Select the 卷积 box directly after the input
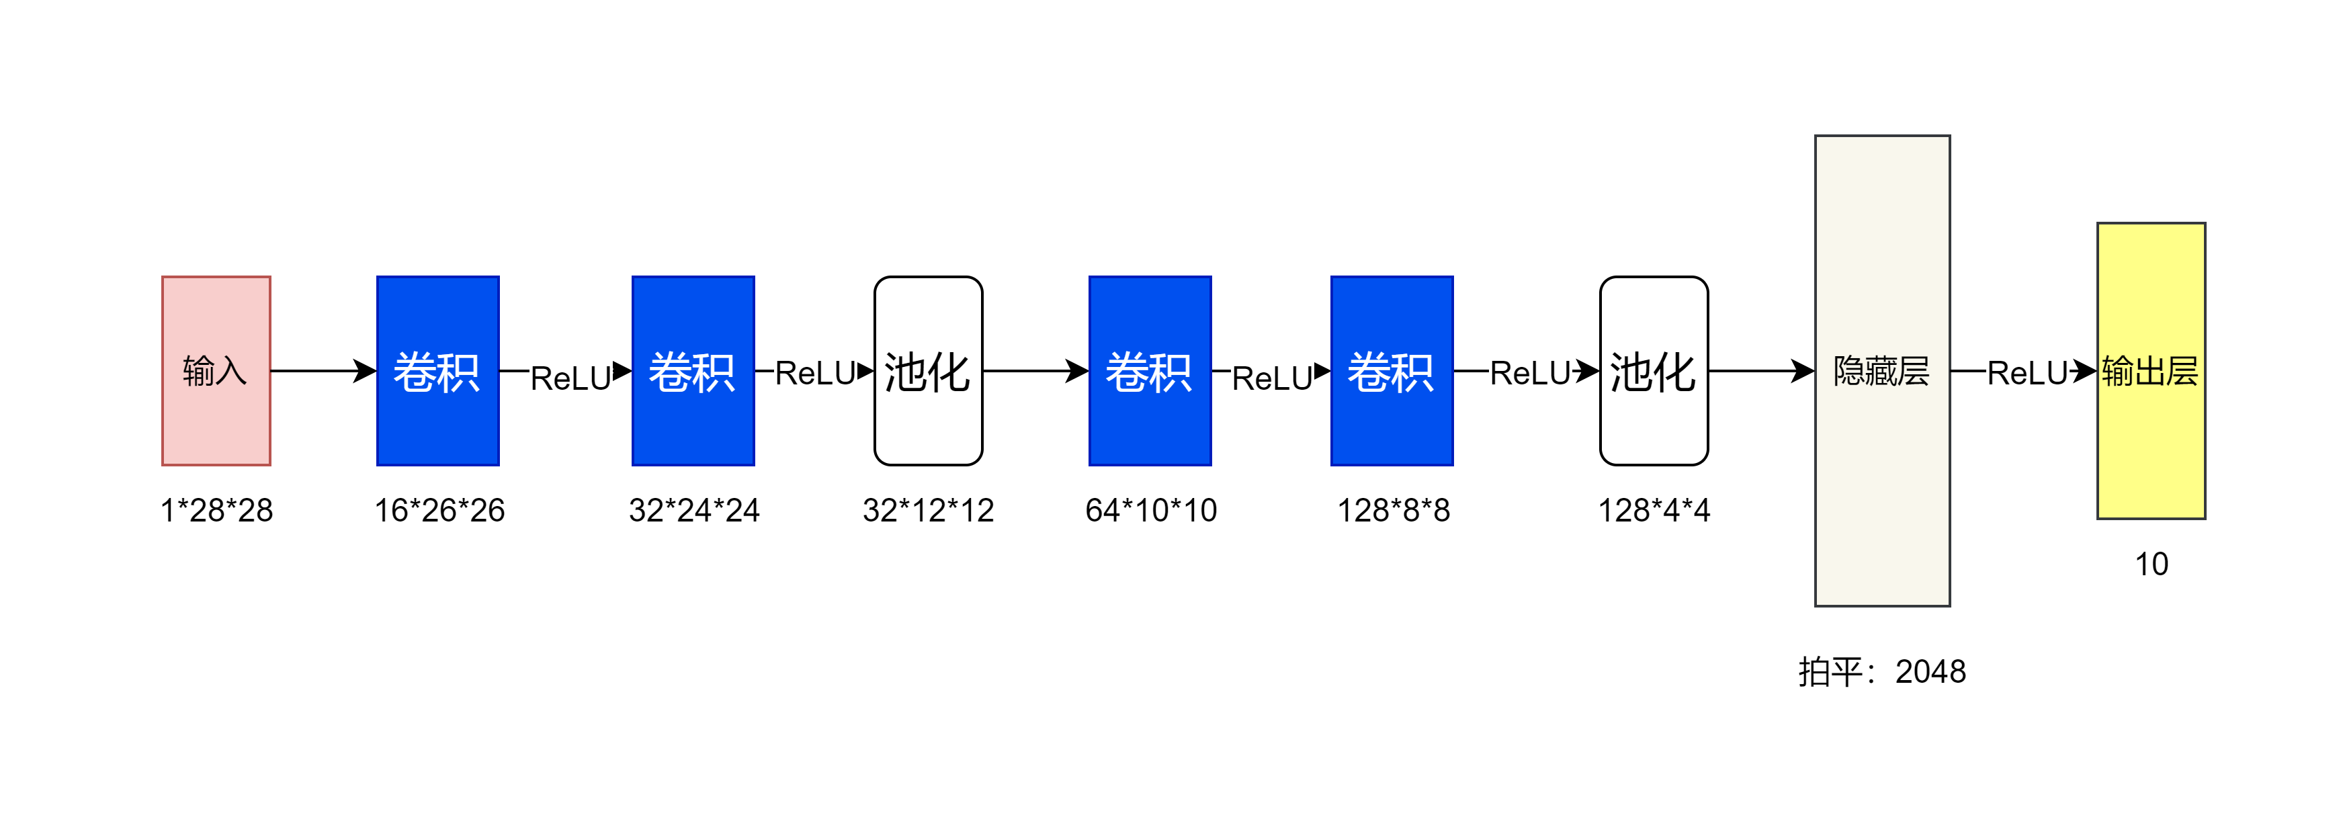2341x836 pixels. tap(438, 372)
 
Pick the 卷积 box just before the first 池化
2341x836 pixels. tap(693, 372)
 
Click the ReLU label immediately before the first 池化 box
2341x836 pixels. tap(815, 374)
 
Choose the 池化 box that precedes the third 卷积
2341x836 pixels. tap(928, 371)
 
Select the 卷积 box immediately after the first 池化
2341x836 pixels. tap(1150, 372)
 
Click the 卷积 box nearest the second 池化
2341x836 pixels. tap(1392, 372)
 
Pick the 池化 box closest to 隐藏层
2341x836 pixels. tap(1653, 371)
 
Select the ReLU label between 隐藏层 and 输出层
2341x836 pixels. tap(2027, 374)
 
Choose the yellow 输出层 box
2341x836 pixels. tap(2150, 436)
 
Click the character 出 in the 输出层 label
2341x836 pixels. tap(2150, 371)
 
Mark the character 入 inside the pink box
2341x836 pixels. tap(232, 371)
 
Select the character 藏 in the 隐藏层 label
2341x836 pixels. tap(1882, 371)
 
